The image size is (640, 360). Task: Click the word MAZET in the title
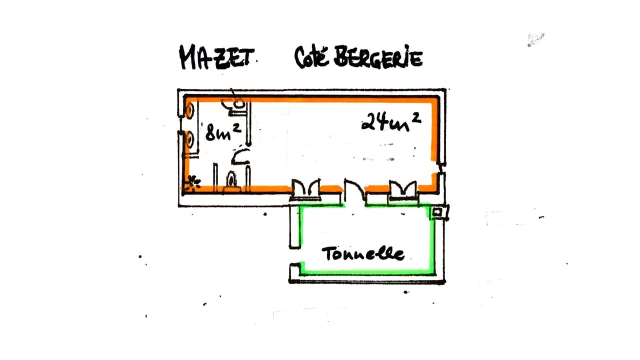[216, 57]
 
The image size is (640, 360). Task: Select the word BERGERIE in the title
[378, 56]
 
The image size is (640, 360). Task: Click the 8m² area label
[223, 131]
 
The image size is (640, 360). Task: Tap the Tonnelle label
[363, 253]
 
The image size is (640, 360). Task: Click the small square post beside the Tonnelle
[437, 212]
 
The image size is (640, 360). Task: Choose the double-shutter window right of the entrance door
[403, 189]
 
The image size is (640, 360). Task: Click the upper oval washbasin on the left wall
[189, 110]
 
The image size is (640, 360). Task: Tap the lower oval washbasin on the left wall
[189, 140]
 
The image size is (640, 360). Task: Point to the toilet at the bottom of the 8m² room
[231, 180]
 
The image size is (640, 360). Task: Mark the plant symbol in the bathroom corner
[193, 183]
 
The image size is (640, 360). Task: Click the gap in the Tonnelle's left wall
[295, 255]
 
